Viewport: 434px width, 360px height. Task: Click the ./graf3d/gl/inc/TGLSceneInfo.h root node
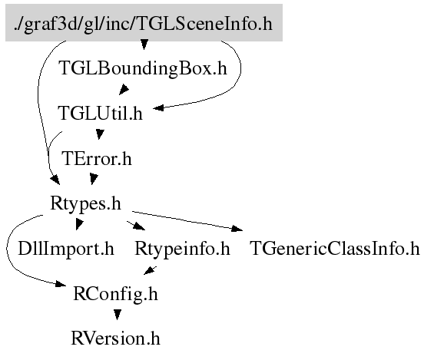pyautogui.click(x=144, y=23)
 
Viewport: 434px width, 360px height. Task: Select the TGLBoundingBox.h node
pyautogui.click(x=143, y=68)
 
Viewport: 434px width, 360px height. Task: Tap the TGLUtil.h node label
pyautogui.click(x=100, y=113)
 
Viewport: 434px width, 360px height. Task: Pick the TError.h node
pyautogui.click(x=97, y=158)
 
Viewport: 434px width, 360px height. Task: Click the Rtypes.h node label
pyautogui.click(x=85, y=203)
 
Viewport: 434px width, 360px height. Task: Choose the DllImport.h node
pyautogui.click(x=66, y=248)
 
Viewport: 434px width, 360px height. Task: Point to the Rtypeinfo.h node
pyautogui.click(x=182, y=248)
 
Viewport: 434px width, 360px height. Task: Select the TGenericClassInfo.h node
pyautogui.click(x=335, y=248)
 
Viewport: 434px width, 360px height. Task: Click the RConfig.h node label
pyautogui.click(x=115, y=293)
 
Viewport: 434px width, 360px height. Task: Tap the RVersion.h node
pyautogui.click(x=115, y=339)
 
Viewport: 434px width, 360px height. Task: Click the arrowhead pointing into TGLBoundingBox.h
pyautogui.click(x=144, y=45)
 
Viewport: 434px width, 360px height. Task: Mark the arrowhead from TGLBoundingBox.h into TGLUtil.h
pyautogui.click(x=124, y=90)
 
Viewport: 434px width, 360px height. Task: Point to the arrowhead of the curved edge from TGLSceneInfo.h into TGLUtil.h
pyautogui.click(x=158, y=108)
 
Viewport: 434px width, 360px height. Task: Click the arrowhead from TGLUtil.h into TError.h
pyautogui.click(x=100, y=134)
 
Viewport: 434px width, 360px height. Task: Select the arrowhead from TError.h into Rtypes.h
pyautogui.click(x=94, y=179)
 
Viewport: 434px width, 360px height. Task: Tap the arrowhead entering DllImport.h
pyautogui.click(x=79, y=224)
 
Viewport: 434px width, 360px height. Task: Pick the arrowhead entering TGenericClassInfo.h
pyautogui.click(x=237, y=229)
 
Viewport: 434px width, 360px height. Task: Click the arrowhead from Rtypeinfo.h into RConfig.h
pyautogui.click(x=150, y=271)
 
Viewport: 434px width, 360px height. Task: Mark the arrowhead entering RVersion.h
pyautogui.click(x=118, y=315)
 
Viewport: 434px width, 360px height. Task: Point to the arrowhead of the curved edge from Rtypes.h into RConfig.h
pyautogui.click(x=61, y=284)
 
